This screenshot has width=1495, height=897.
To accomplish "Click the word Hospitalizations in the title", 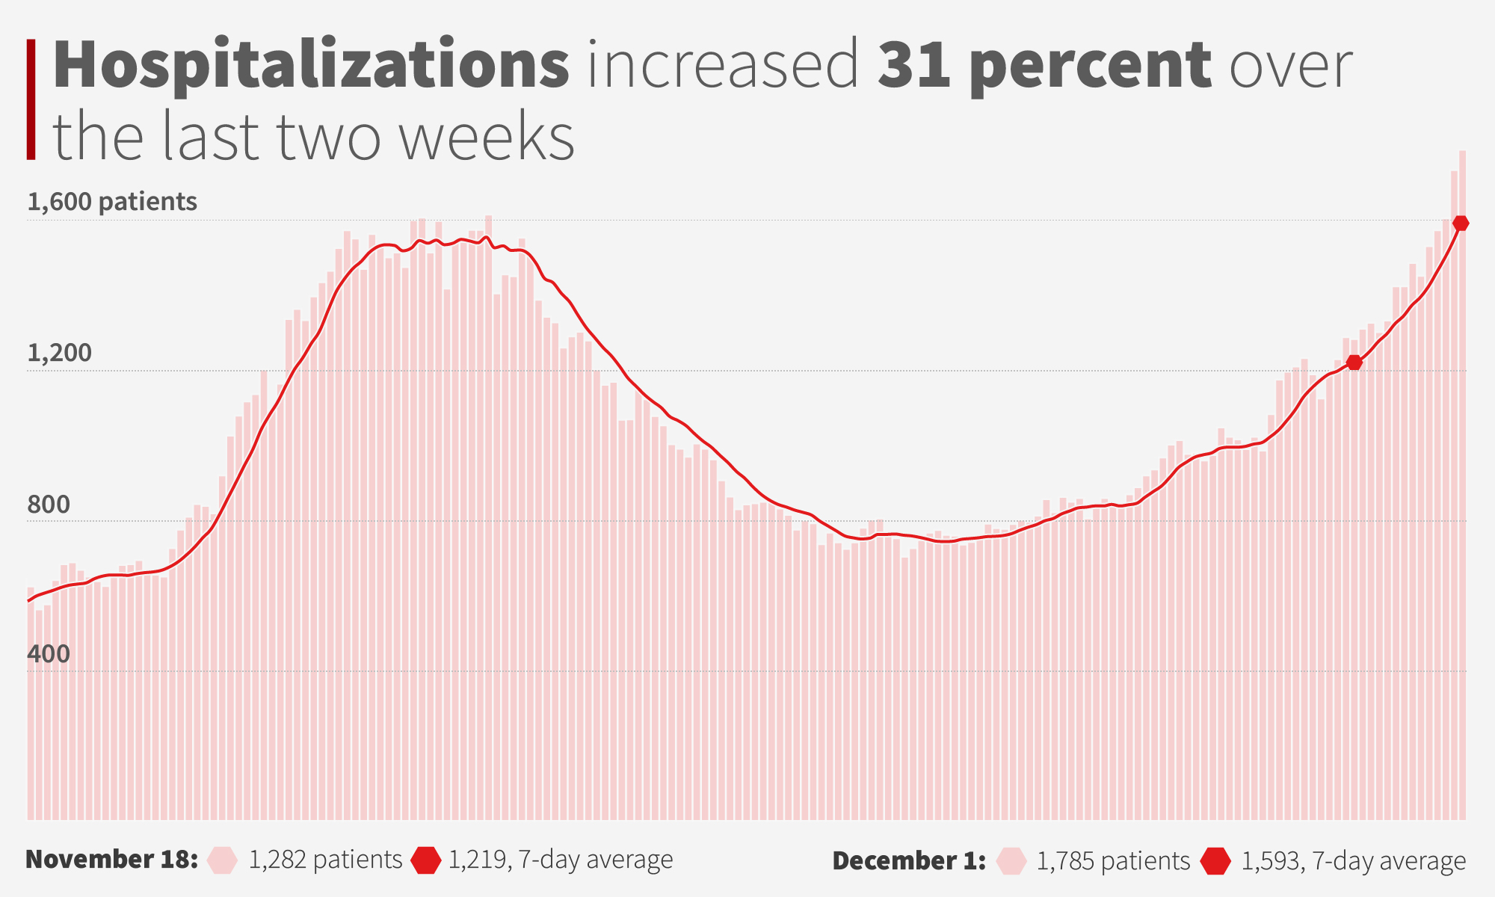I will coord(311,66).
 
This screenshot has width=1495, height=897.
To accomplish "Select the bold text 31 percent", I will coord(1044,66).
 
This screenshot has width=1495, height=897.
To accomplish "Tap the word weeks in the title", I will coord(487,138).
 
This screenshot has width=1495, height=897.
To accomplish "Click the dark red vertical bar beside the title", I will coord(31,99).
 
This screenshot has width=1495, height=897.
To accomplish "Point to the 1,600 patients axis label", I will coord(112,202).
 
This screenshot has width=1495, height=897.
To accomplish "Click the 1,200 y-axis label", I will coord(59,353).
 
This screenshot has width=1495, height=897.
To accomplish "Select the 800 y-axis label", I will coord(49,505).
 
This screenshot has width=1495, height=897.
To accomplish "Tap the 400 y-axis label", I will coord(49,654).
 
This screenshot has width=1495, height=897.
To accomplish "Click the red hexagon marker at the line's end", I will coord(1461,223).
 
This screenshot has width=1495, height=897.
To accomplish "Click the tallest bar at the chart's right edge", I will coord(1462,486).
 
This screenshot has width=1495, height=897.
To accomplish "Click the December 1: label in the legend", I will coord(909,861).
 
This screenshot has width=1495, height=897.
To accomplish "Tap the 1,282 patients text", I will coord(325,860).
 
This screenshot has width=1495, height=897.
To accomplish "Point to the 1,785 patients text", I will coord(1113,861).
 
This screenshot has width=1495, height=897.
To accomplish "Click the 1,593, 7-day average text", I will coord(1353,861).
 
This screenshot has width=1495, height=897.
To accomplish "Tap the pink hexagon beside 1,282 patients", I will coord(223,860).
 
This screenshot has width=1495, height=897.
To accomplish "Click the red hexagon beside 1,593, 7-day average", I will coord(1215,861).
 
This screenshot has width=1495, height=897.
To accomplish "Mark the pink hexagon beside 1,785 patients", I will coord(1011,861).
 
